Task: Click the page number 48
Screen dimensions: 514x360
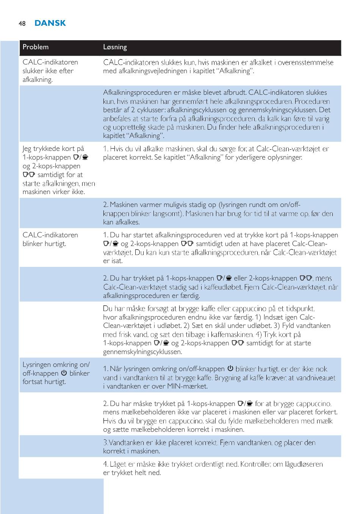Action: click(22, 24)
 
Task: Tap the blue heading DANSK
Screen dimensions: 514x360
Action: click(50, 23)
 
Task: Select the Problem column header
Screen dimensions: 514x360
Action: click(36, 47)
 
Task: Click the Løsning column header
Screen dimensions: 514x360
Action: click(115, 47)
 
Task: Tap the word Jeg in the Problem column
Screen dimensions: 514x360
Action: click(27, 149)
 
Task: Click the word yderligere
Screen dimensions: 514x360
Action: click(254, 157)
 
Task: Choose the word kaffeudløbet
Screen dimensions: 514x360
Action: click(224, 287)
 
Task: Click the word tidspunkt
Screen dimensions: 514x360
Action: click(298, 309)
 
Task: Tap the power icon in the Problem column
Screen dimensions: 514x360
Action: click(64, 373)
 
